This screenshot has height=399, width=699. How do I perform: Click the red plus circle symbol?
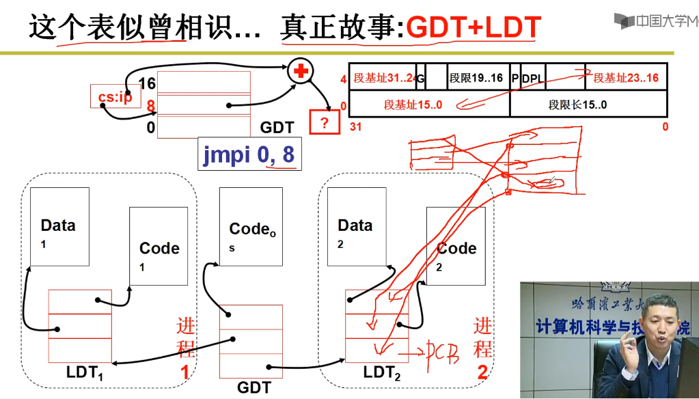299,72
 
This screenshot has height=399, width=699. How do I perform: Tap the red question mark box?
324,124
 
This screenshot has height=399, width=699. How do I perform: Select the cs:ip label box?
115,97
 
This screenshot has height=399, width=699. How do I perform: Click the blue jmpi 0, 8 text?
249,156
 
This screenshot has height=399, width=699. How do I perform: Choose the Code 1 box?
159,247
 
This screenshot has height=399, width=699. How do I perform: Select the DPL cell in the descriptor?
533,78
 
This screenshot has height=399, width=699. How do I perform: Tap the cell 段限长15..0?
577,105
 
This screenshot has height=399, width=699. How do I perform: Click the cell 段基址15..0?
413,105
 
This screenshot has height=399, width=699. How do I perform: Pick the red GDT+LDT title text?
474,27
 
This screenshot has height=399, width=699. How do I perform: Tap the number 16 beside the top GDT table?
147,83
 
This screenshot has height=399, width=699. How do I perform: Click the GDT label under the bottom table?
253,387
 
